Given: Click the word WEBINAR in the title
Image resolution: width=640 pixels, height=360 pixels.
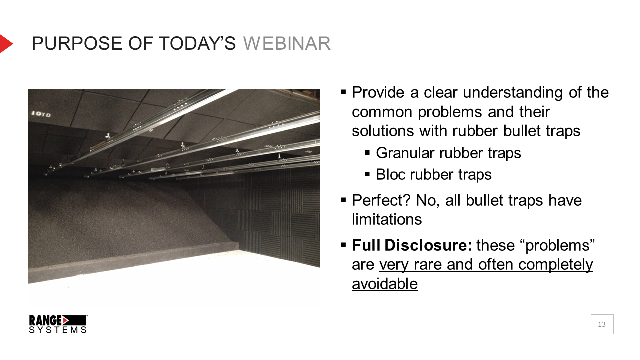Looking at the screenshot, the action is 287,43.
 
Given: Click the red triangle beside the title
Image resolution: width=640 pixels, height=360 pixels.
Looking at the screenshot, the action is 6,43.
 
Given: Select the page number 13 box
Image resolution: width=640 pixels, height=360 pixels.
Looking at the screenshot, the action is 602,324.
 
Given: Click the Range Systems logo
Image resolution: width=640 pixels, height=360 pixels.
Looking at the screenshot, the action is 58,324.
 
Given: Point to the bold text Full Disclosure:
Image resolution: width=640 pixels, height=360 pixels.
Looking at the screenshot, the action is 412,245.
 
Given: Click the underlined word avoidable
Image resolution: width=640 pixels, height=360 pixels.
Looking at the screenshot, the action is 385,284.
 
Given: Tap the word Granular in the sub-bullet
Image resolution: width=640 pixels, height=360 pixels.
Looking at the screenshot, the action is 405,153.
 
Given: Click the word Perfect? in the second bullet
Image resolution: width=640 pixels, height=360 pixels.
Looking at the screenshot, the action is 381,200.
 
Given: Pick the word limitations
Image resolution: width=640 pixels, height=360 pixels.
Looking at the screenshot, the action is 387,219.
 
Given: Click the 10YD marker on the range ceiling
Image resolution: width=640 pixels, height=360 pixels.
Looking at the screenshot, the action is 41,114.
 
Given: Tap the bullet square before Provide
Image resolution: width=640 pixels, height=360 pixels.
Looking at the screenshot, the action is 343,92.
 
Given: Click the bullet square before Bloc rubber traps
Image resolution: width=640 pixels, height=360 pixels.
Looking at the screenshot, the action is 367,174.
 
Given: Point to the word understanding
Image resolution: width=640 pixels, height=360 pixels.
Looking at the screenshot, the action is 513,93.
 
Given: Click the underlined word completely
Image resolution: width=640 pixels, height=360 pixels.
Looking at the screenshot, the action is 555,265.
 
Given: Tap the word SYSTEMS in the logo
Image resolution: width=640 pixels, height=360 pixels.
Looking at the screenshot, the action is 58,330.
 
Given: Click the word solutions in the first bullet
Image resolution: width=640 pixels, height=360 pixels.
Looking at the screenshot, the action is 383,131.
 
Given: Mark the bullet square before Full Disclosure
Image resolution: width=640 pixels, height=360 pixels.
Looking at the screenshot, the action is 343,245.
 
